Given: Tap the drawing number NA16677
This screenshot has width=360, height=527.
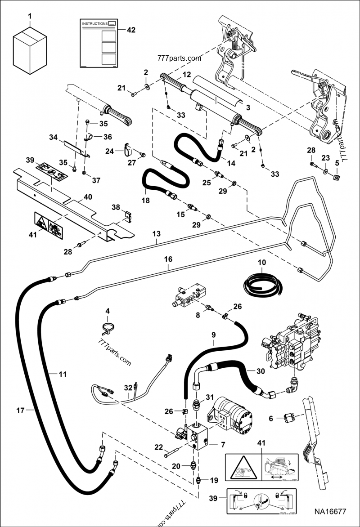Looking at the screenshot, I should click(330, 511).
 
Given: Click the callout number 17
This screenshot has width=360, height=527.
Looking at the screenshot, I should click(19, 410).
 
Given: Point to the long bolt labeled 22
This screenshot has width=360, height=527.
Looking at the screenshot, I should click(171, 454).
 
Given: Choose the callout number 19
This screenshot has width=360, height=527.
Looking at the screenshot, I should click(214, 480).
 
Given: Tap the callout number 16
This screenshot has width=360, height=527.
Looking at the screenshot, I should click(168, 259).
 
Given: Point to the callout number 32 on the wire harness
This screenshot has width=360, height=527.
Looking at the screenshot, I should click(128, 388).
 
